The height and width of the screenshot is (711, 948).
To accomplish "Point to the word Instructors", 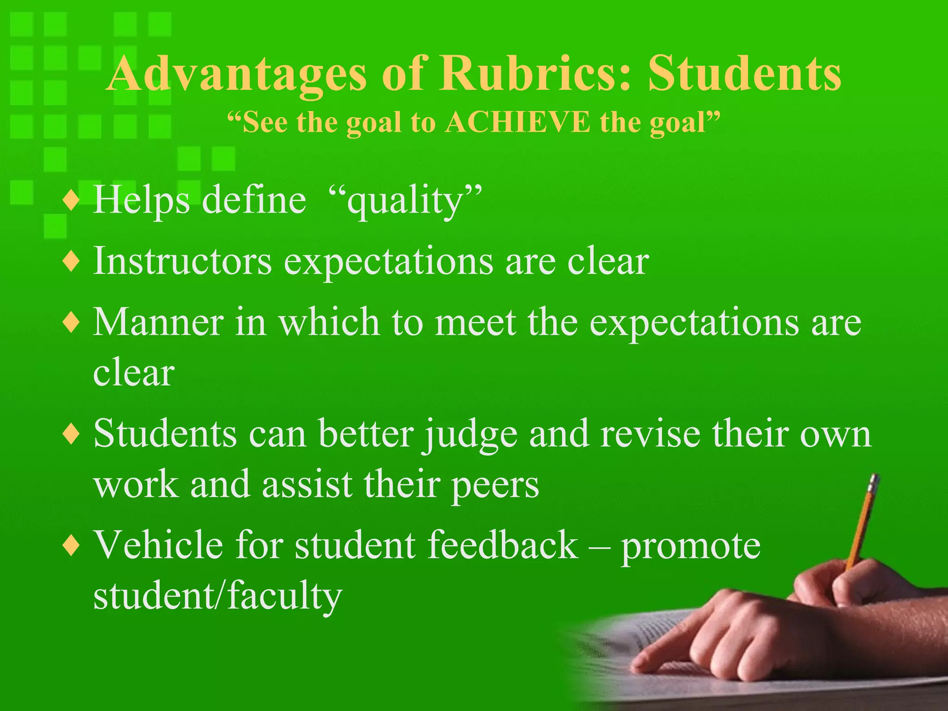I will [x=182, y=262].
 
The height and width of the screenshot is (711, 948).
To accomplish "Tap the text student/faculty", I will [x=218, y=596].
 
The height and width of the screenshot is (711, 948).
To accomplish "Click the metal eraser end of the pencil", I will [x=873, y=484].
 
